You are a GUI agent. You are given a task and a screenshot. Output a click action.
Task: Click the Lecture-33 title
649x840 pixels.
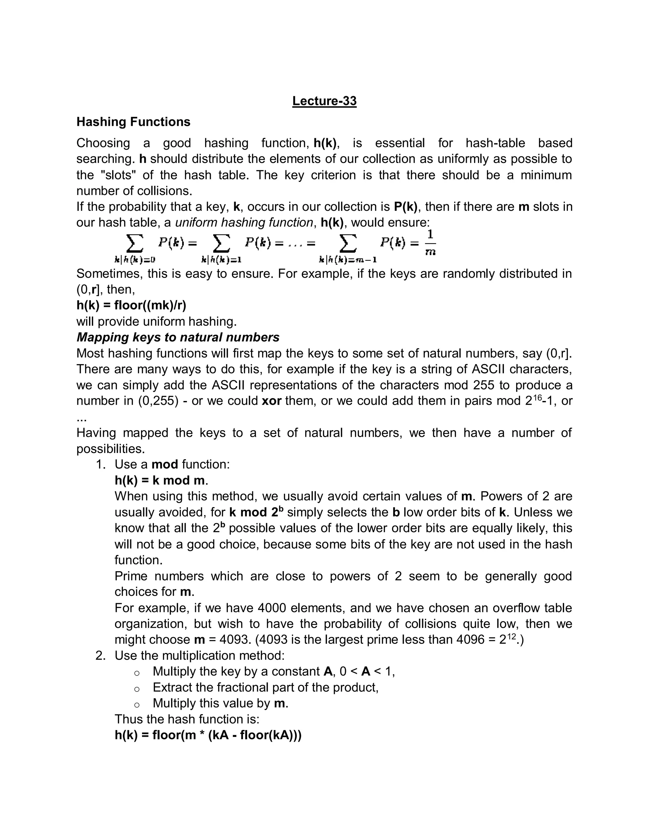click(x=324, y=101)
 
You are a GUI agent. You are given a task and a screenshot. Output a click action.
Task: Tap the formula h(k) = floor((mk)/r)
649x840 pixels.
click(x=131, y=305)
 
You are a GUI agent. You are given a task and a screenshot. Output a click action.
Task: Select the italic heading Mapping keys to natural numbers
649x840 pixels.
click(x=178, y=337)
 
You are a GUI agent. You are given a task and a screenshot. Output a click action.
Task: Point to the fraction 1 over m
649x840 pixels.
click(x=430, y=242)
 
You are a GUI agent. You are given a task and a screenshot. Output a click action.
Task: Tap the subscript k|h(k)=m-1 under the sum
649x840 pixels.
click(x=348, y=260)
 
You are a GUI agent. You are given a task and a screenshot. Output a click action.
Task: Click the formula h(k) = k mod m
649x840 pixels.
click(x=161, y=480)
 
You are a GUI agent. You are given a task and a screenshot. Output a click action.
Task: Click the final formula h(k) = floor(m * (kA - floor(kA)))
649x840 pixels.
click(x=208, y=735)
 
